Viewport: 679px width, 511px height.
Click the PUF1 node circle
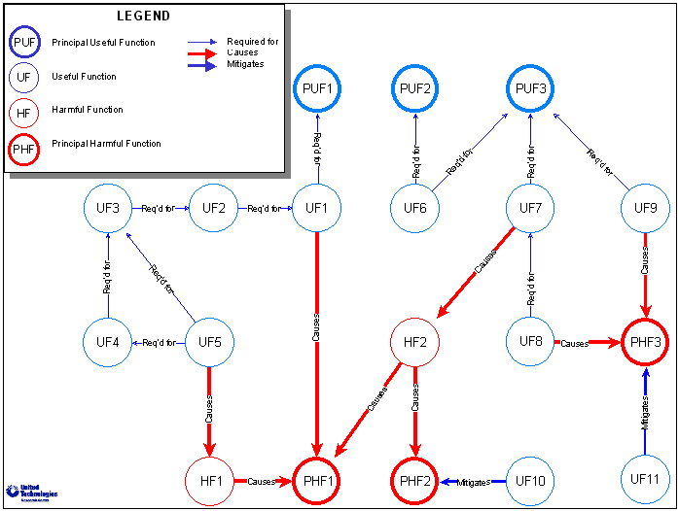point(317,90)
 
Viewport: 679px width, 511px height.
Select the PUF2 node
point(415,90)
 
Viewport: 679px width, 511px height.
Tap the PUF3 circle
point(531,90)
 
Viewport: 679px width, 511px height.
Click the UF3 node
point(108,208)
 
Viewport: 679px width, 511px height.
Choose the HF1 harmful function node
point(210,480)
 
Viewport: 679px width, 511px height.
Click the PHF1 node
point(317,480)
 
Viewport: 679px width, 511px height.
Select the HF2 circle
point(415,342)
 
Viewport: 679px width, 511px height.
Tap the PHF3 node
point(646,342)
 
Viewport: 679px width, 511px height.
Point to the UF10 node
point(531,480)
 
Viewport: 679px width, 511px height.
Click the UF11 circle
point(646,480)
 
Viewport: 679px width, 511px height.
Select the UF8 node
point(531,341)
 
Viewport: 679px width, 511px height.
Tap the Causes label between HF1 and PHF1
point(262,481)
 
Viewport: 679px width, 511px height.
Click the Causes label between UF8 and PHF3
point(575,343)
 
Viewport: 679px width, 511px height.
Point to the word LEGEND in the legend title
point(143,17)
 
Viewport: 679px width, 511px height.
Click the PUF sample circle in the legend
point(24,43)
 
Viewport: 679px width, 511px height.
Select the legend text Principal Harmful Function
point(106,144)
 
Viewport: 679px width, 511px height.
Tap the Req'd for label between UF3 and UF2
point(158,208)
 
